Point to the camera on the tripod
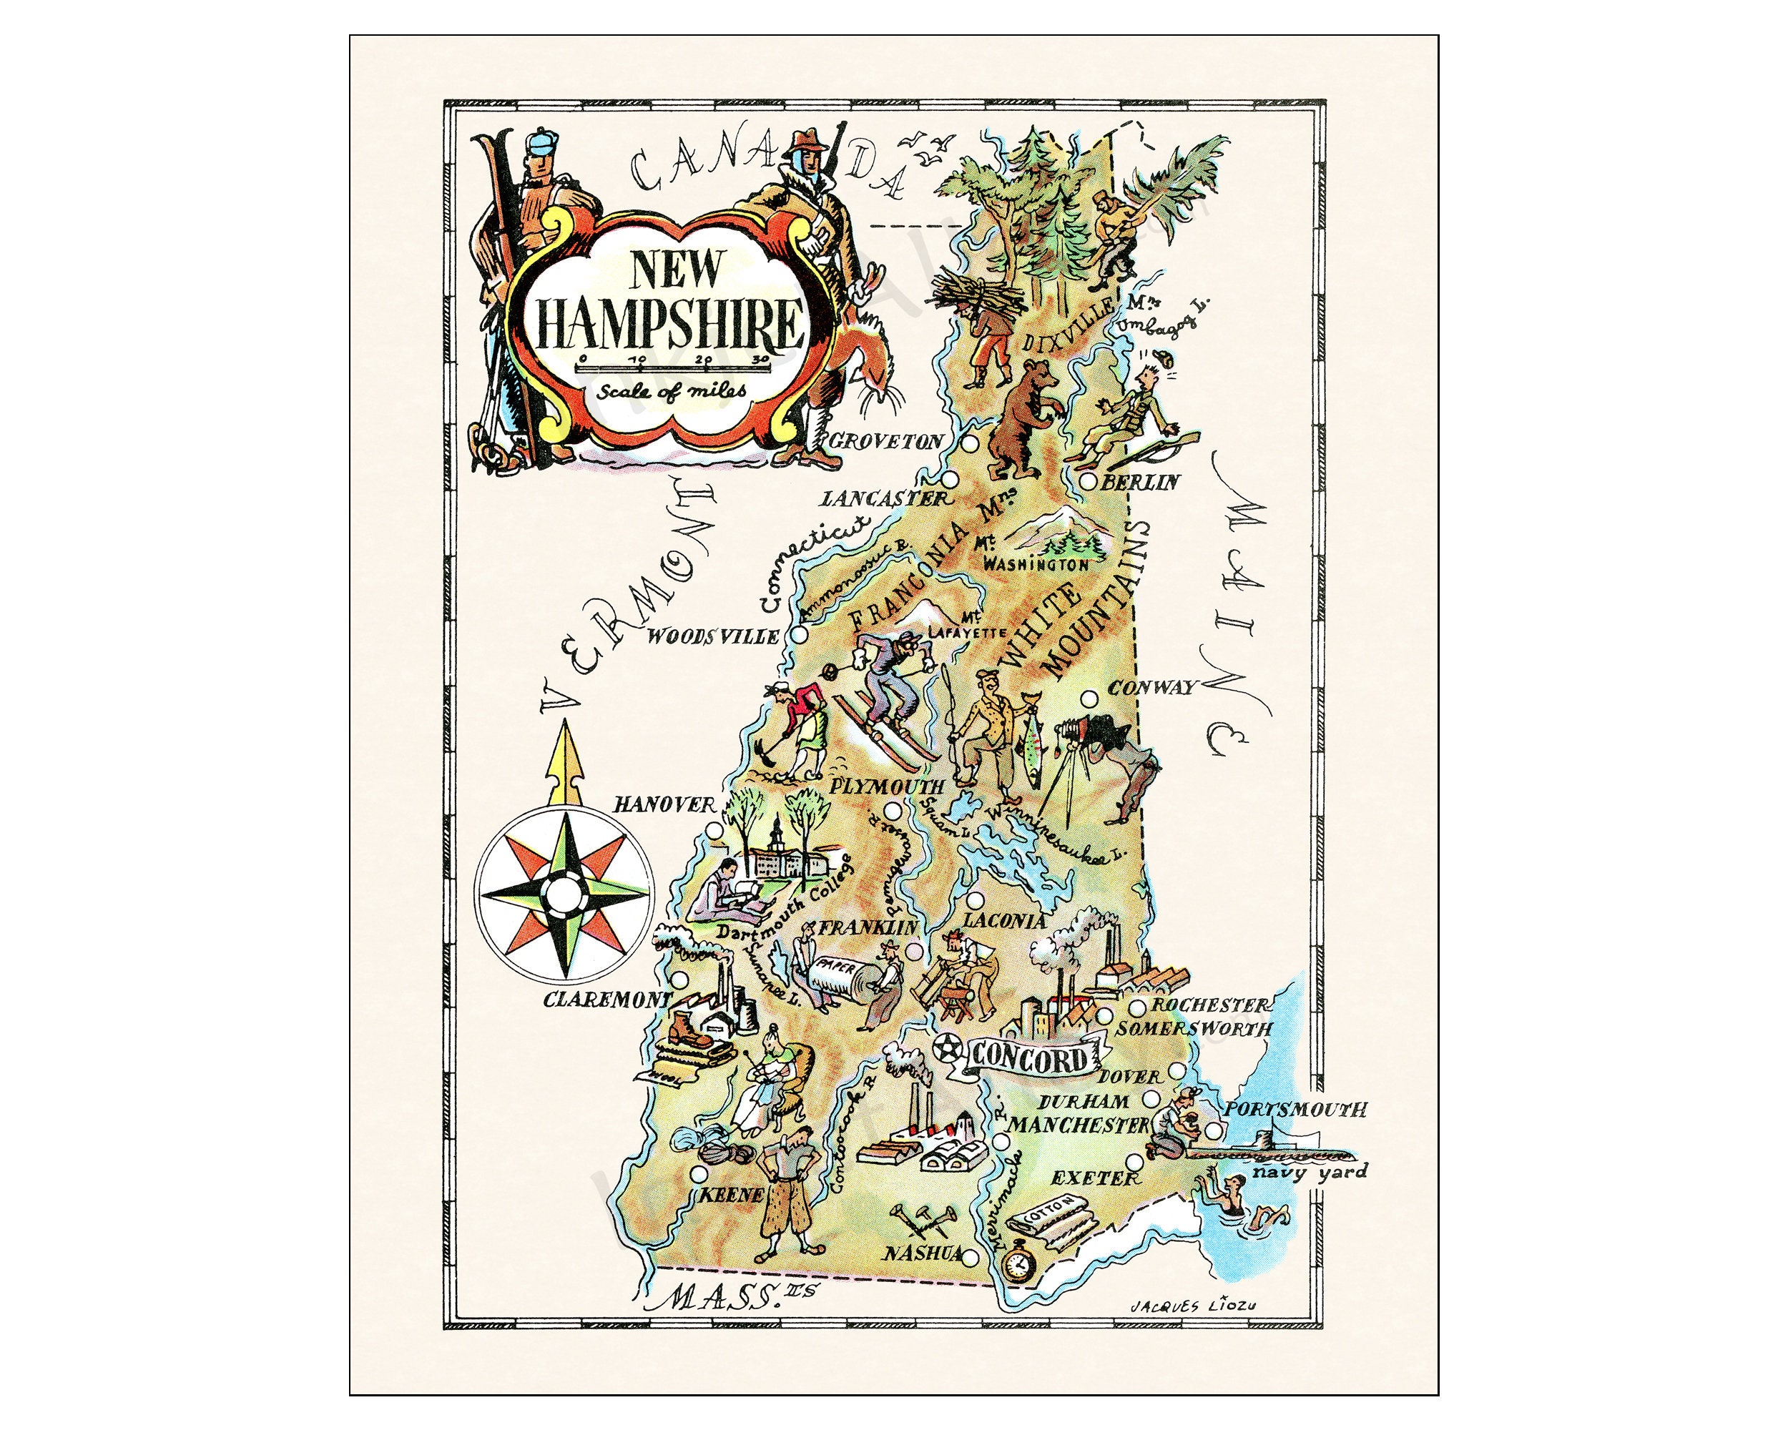coord(1095,730)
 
